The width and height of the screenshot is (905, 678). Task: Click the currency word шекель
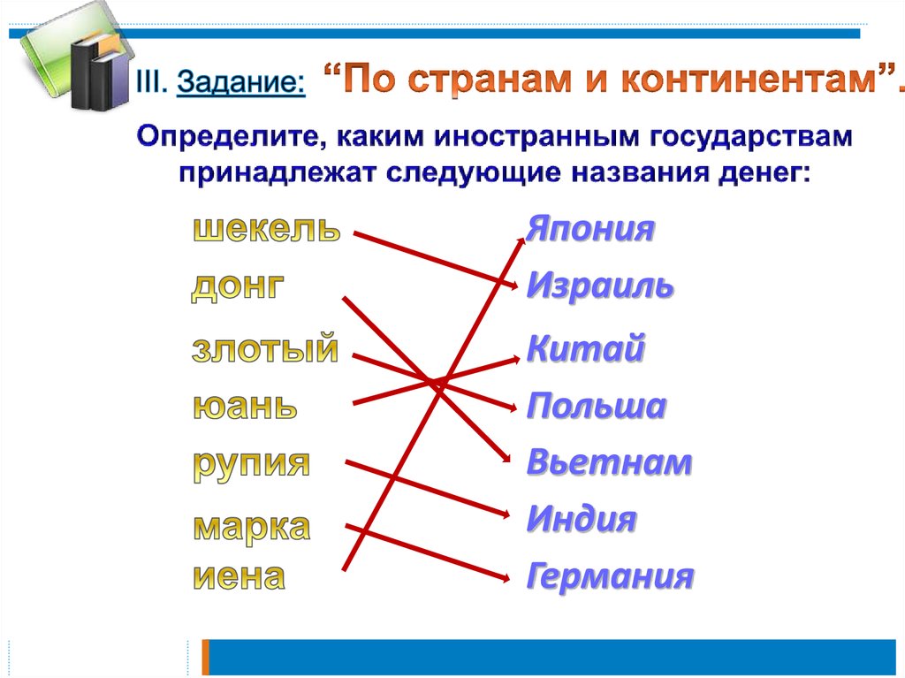[267, 229]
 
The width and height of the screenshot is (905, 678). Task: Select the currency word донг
[238, 286]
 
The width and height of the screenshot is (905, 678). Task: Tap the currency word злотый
[265, 348]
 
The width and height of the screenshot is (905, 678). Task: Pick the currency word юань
[245, 406]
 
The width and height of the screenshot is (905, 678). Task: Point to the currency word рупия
[251, 465]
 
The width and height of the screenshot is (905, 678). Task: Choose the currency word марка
[252, 528]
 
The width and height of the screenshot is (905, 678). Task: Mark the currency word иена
[239, 575]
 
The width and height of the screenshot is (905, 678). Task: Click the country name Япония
[589, 229]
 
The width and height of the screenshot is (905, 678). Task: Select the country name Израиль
[600, 286]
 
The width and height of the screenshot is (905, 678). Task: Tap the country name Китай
[585, 347]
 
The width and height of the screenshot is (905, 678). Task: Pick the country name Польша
[597, 405]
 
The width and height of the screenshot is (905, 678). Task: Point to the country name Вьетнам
[609, 462]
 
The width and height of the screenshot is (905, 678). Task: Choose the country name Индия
[582, 518]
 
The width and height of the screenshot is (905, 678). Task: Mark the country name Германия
[610, 575]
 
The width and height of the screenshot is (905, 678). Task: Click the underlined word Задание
[240, 82]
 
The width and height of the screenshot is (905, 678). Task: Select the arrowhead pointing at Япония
[521, 241]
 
